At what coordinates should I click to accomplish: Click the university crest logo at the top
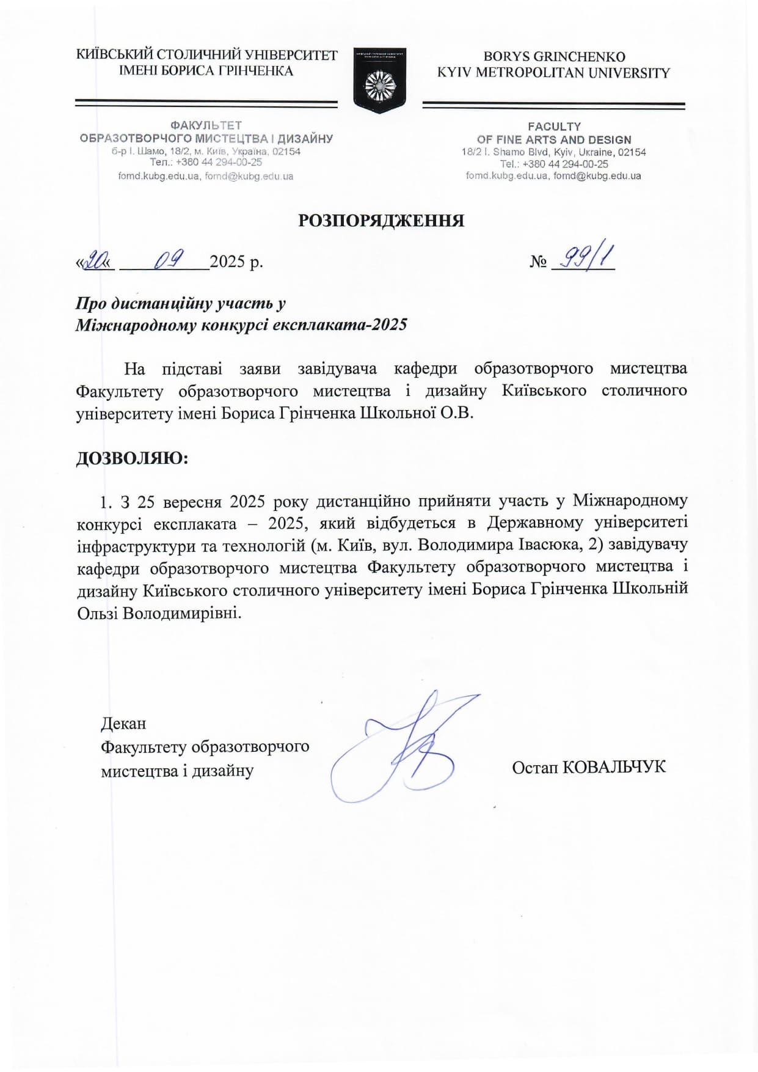click(379, 81)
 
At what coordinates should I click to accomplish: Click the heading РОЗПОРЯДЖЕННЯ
click(381, 220)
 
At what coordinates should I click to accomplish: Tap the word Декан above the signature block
click(123, 724)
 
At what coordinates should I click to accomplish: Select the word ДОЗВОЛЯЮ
click(132, 458)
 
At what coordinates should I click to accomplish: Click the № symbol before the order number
click(538, 262)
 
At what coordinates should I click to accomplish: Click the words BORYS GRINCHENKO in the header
click(554, 57)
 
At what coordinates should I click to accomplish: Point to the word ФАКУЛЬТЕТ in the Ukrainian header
click(206, 125)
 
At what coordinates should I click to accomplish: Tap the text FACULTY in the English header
click(554, 127)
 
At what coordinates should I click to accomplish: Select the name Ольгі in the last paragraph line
click(98, 613)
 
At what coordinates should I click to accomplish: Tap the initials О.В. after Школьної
click(457, 413)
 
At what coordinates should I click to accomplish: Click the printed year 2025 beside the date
click(227, 262)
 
